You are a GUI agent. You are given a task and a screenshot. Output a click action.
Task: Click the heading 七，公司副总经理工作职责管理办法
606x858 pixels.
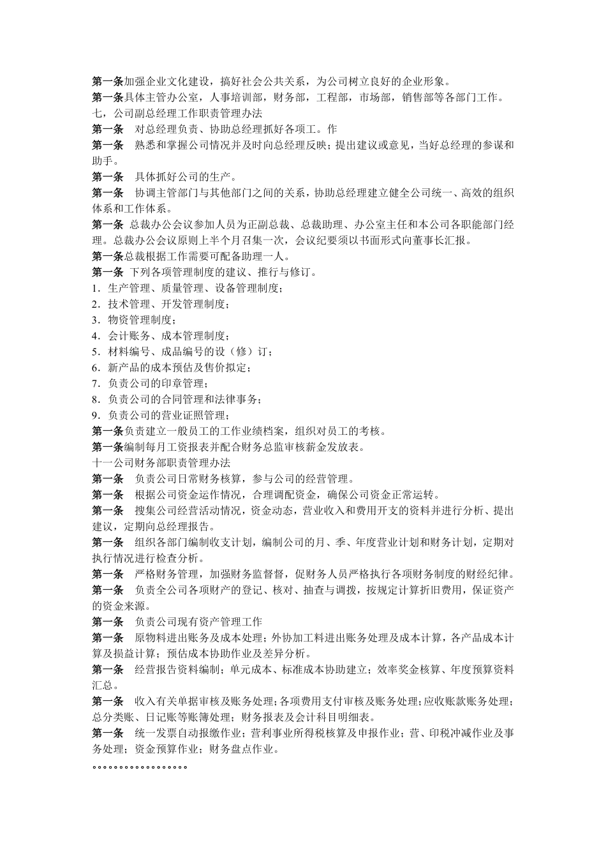coord(177,113)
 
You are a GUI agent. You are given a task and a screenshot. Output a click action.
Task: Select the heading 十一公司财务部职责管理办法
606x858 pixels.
coord(161,463)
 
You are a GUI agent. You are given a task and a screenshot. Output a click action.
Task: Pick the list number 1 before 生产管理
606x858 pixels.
coord(94,289)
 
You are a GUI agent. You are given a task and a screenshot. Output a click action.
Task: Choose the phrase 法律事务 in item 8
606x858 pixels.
coord(240,400)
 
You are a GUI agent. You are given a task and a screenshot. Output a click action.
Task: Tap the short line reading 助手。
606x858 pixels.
coord(105,161)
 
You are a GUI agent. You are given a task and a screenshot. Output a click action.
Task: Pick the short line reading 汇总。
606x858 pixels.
coord(105,686)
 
